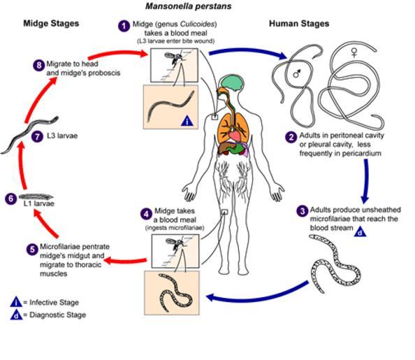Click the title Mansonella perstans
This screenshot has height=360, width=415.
tap(188, 6)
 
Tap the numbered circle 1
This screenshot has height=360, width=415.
tap(124, 26)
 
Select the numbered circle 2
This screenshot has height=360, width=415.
tap(291, 137)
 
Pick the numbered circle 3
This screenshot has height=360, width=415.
tap(303, 211)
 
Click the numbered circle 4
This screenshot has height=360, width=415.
tap(146, 214)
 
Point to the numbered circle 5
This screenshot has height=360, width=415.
tap(32, 250)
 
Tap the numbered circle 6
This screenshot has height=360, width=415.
tap(10, 199)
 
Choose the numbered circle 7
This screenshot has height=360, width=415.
tap(37, 137)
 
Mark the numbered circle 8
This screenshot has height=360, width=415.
tap(39, 65)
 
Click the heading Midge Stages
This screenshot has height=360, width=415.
tap(51, 23)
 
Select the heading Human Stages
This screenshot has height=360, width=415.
tap(299, 24)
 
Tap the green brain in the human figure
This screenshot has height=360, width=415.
tap(232, 82)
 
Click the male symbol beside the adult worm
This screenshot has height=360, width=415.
tap(297, 74)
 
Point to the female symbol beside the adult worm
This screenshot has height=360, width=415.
tap(354, 52)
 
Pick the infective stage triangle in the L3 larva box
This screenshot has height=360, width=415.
tap(187, 121)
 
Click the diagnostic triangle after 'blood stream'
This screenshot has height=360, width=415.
tap(360, 231)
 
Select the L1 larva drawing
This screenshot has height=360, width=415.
tap(36, 197)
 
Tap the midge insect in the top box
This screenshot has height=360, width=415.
tap(173, 58)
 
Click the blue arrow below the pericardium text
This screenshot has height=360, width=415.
tap(365, 181)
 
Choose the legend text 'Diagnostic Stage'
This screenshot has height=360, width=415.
tap(57, 315)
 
